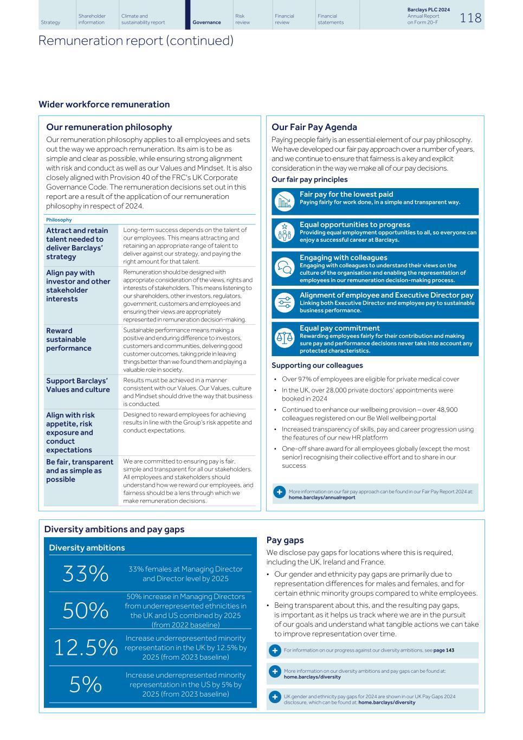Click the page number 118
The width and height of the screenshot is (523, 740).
tap(470, 18)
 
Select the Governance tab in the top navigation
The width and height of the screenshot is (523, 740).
tap(206, 22)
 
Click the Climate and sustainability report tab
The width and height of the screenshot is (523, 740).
tap(143, 19)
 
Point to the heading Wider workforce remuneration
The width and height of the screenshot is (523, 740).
tap(104, 105)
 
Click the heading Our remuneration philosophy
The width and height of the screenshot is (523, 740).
tap(109, 127)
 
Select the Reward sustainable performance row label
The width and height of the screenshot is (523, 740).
tap(69, 339)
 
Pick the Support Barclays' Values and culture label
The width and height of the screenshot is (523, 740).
tap(78, 385)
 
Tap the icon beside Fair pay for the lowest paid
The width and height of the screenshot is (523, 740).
tap(284, 202)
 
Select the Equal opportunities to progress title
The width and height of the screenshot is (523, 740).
tap(354, 224)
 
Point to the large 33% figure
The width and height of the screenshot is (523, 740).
tap(85, 574)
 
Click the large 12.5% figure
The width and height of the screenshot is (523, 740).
tap(85, 647)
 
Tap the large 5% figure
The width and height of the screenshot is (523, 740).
tap(85, 685)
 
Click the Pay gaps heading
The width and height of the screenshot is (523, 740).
tap(285, 540)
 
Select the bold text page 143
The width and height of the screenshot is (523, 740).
tap(443, 651)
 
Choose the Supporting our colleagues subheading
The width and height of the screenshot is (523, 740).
tap(317, 365)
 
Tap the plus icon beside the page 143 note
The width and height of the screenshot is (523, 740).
tap(275, 651)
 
